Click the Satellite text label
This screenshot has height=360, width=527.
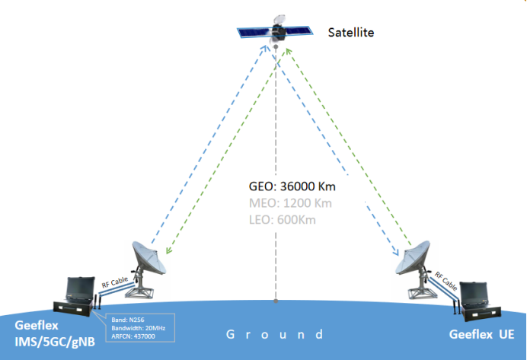click(351, 33)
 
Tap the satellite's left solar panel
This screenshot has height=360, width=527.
click(255, 33)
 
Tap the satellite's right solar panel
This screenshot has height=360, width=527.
click(299, 30)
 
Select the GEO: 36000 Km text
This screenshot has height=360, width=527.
click(292, 186)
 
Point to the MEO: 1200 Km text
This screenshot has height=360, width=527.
click(290, 203)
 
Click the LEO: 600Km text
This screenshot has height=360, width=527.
click(283, 220)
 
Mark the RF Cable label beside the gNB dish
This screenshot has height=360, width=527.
click(115, 282)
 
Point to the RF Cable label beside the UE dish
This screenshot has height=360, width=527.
click(446, 281)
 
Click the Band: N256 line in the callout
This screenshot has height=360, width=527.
click(128, 320)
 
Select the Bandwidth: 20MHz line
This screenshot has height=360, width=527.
click(139, 328)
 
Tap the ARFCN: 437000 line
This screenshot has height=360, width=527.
click(133, 336)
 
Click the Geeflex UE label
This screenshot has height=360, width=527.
click(481, 334)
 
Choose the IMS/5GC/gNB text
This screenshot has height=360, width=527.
click(55, 342)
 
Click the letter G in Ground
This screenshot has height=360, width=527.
click(230, 334)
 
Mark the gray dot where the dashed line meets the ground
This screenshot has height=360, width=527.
click(276, 301)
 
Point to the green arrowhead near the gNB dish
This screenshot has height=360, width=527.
click(169, 250)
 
